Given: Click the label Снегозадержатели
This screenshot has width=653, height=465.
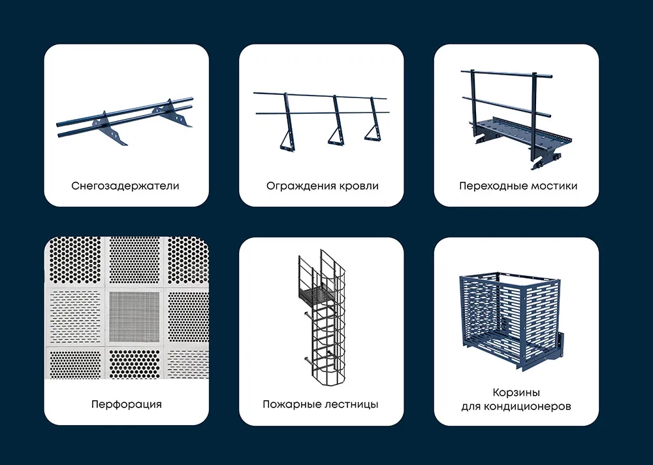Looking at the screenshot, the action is click(125, 186).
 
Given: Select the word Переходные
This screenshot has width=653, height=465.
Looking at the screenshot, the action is click(488, 186).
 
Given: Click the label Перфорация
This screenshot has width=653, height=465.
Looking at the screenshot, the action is click(126, 405).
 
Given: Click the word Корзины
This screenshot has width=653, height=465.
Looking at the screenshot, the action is click(517, 393).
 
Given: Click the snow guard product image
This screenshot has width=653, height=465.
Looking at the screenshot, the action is click(125, 122).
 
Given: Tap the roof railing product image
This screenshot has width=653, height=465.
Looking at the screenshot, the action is click(321, 120).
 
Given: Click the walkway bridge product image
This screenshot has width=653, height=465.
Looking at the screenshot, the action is click(517, 120).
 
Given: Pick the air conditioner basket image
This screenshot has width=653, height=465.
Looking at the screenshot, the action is click(511, 321).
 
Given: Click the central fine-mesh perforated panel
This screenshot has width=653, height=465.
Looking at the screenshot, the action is click(135, 317).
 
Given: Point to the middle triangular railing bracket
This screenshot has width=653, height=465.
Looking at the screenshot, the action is click(336, 120).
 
